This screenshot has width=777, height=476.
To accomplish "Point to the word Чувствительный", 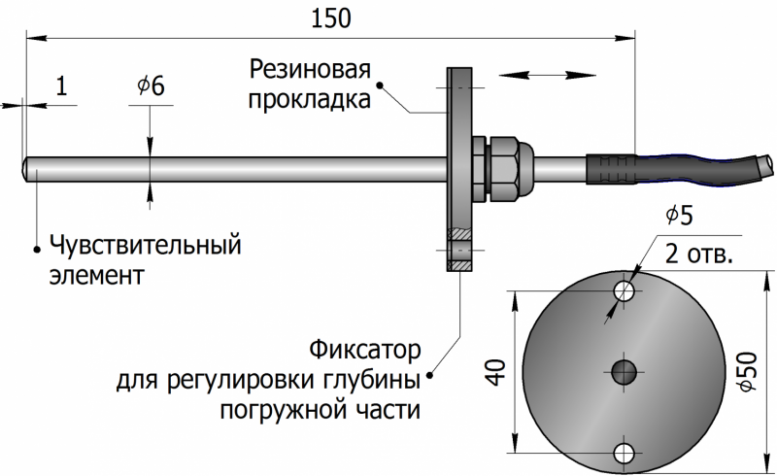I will (144, 244).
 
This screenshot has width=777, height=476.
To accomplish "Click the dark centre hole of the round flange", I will (624, 369).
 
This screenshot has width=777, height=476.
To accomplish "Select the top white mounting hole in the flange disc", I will (624, 290).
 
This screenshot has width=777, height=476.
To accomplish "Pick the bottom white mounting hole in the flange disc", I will (624, 450).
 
